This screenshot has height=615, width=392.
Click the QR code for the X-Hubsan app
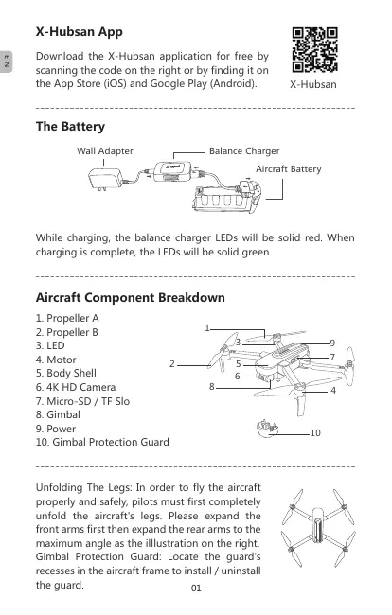tap(314, 50)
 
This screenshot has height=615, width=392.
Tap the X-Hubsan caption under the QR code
tap(313, 85)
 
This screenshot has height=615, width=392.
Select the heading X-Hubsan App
tap(80, 32)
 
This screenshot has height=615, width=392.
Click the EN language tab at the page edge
tap(6, 61)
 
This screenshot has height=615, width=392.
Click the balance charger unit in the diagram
tap(172, 171)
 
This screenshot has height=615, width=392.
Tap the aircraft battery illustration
tap(226, 198)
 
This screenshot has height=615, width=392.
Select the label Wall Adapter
tap(105, 151)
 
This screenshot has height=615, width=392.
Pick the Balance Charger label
tap(244, 151)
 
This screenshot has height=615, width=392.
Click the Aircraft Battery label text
tap(289, 169)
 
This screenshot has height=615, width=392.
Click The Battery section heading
tap(71, 127)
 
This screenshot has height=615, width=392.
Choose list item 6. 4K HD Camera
tap(76, 387)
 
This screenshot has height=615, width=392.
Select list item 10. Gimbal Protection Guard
tap(102, 442)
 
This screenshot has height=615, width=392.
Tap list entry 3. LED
tap(50, 345)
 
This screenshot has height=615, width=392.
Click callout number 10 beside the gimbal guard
tap(315, 433)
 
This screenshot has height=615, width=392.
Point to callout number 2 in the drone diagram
tap(172, 364)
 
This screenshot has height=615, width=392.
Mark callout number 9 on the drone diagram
tap(332, 343)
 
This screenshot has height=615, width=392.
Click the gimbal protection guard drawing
tap(267, 428)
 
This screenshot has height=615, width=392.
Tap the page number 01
tap(196, 588)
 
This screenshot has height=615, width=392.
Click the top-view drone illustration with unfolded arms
tap(318, 528)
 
